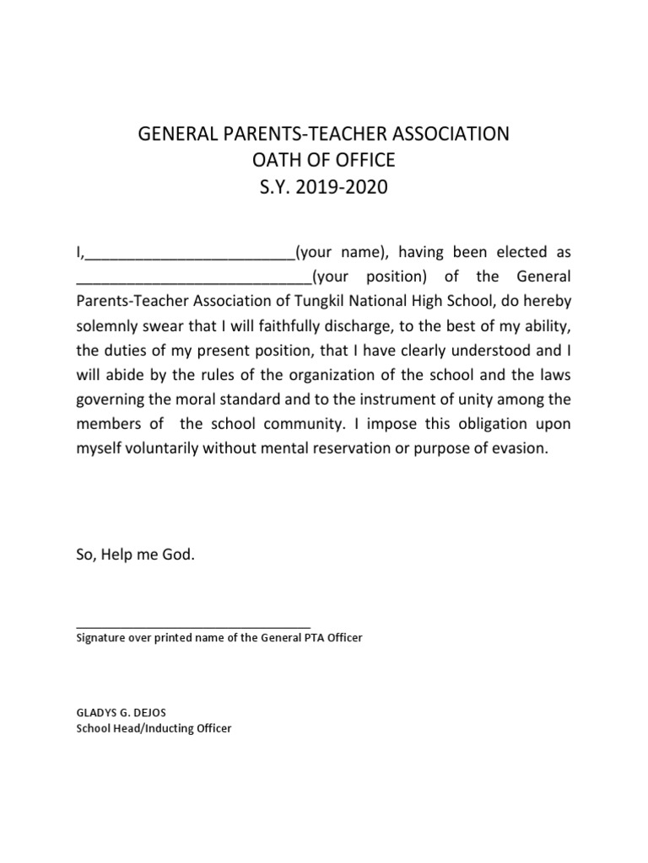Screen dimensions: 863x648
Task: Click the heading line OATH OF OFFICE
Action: click(x=324, y=160)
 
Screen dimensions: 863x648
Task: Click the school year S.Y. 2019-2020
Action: click(x=324, y=187)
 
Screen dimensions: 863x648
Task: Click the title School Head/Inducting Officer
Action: click(x=154, y=727)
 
